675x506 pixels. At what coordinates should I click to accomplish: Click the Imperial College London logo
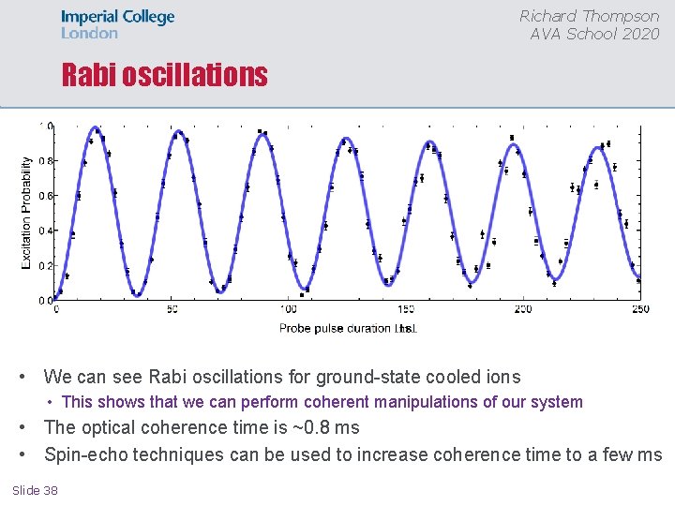point(117,24)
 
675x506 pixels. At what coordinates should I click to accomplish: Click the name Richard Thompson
point(589,16)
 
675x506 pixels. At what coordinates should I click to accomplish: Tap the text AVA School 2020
point(594,34)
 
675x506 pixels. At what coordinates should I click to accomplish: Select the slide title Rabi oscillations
point(164,75)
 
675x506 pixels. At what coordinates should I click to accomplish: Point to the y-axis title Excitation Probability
point(26,213)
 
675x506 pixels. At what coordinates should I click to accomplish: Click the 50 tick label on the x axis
point(172,309)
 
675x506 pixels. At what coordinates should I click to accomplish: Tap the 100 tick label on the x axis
point(289,309)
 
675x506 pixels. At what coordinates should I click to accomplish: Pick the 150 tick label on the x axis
point(405,309)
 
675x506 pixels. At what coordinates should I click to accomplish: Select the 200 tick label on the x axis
point(522,309)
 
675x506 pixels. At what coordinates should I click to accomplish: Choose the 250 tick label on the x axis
point(639,309)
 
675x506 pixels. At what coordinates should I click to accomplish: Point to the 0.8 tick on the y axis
point(46,161)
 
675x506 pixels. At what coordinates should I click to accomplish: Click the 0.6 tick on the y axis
point(46,196)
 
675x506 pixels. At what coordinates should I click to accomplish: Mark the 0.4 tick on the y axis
point(46,231)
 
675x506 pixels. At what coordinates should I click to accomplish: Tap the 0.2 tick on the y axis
point(46,265)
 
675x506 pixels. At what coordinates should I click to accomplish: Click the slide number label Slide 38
point(36,490)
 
